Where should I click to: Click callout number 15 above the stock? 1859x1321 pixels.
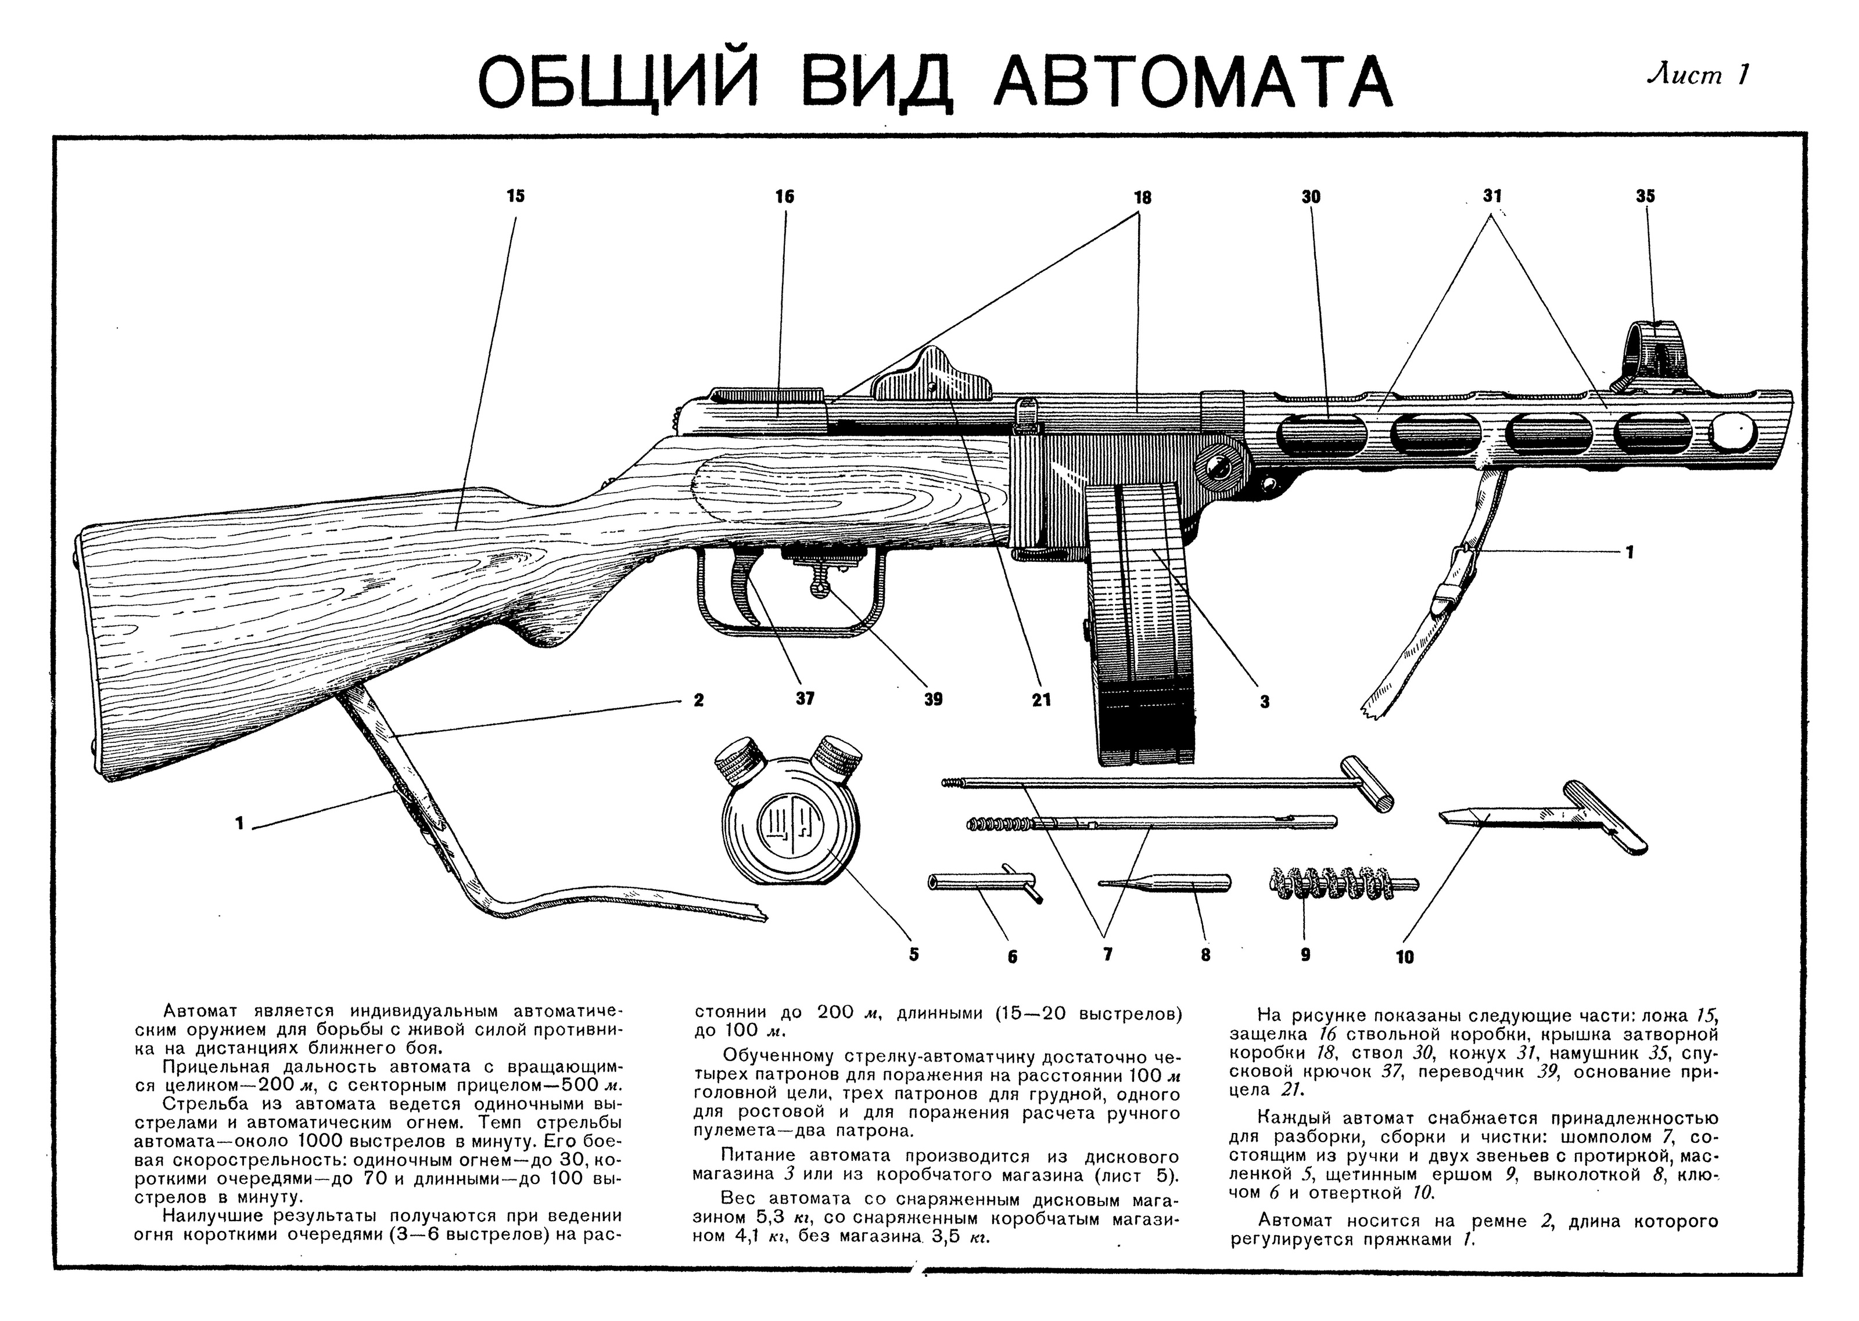515,196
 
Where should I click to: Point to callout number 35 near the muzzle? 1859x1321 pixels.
1645,196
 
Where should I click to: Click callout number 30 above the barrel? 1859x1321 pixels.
1311,196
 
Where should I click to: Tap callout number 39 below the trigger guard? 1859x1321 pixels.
933,699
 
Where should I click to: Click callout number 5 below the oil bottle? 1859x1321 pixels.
913,954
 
